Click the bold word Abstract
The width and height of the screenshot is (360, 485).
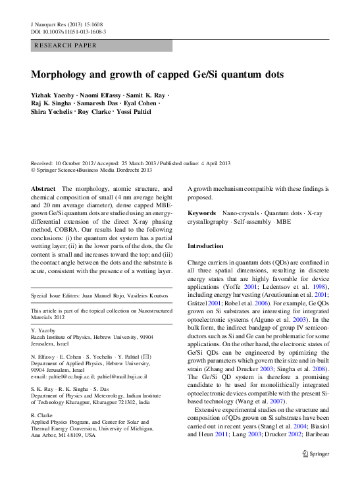(43, 188)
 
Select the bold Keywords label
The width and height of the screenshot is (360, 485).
(202, 213)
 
